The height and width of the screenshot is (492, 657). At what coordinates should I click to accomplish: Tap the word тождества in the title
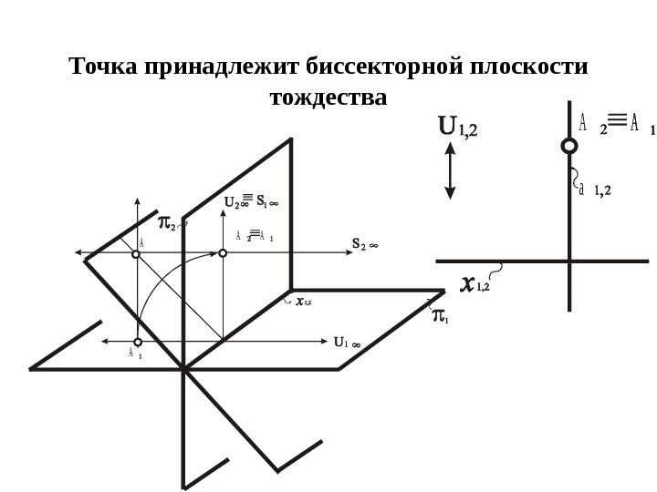pos(328,97)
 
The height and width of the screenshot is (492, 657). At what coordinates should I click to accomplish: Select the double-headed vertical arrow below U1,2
pos(450,174)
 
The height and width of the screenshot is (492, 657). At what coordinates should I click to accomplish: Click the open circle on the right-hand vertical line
pos(568,146)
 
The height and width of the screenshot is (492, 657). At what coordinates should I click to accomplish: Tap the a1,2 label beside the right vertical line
pos(594,190)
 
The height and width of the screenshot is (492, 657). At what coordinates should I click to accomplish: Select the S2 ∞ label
pos(365,244)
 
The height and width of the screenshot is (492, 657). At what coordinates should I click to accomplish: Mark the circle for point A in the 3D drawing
pos(136,255)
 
